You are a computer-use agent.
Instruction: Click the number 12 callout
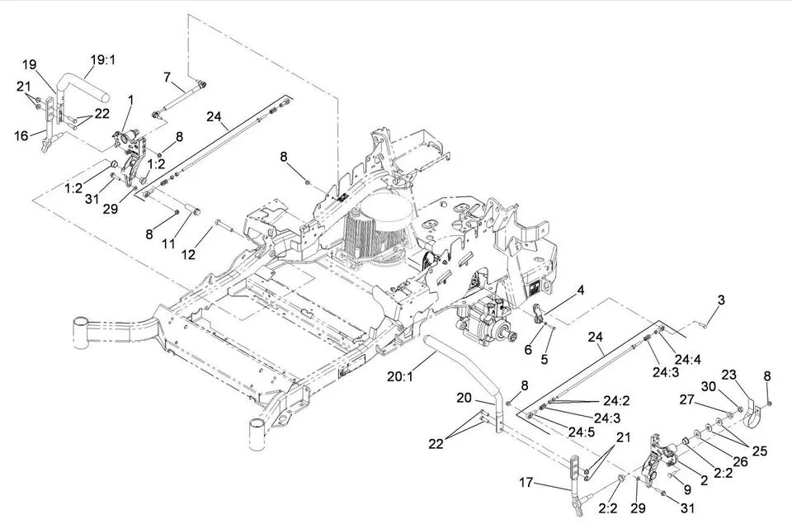click(189, 255)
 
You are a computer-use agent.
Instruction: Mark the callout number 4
click(581, 290)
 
